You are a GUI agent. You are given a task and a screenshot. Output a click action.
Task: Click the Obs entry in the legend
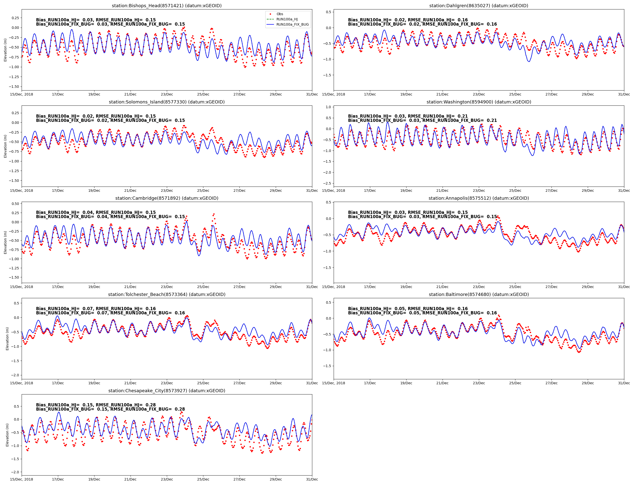(x=279, y=14)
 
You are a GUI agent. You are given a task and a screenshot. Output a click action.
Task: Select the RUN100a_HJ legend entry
(x=287, y=19)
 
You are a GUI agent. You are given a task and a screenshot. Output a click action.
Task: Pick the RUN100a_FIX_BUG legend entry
(x=292, y=25)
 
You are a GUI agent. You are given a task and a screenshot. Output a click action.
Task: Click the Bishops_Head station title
(x=167, y=6)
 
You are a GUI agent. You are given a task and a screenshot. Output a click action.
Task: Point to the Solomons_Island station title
(x=167, y=102)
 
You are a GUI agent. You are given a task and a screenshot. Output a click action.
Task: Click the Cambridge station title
(x=167, y=198)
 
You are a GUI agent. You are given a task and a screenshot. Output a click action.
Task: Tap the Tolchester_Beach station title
(x=167, y=294)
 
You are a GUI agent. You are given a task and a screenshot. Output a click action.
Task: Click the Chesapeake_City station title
(x=167, y=390)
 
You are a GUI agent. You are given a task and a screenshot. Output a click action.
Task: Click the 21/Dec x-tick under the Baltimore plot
(x=442, y=383)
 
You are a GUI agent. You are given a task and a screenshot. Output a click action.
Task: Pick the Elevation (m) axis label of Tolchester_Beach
(x=7, y=339)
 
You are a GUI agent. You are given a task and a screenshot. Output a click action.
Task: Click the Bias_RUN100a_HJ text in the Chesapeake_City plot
(x=57, y=405)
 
